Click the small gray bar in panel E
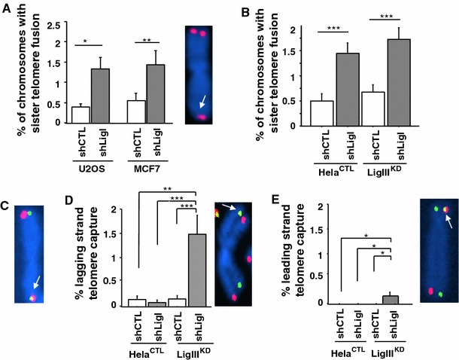pos(390,300)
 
